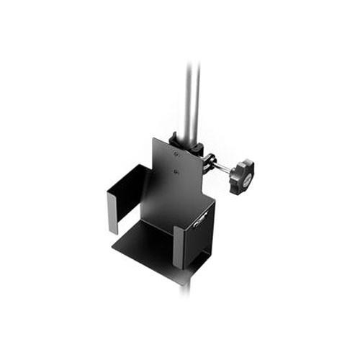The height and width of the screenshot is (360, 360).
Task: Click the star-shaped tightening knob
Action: pyautogui.click(x=242, y=177)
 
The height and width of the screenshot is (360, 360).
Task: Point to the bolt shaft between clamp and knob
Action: pyautogui.click(x=222, y=168)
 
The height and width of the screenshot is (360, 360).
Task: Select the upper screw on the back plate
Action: pyautogui.click(x=177, y=153)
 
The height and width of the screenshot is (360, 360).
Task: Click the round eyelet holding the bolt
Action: pyautogui.click(x=209, y=162)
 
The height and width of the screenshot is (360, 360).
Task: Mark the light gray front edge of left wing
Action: pyautogui.click(x=112, y=212)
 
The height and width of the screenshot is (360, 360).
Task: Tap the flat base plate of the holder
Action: pyautogui.click(x=148, y=245)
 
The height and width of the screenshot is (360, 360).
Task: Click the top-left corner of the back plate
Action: pyautogui.click(x=154, y=138)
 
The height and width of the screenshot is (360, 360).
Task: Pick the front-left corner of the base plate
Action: pyautogui.click(x=114, y=249)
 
